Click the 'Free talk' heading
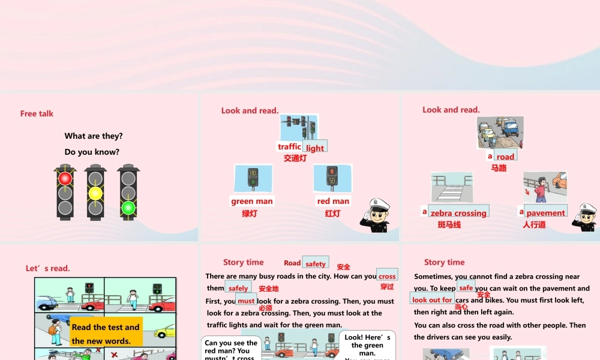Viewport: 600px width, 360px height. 37,113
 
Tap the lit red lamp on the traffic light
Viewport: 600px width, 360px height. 65,178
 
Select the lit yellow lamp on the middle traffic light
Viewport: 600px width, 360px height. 95,193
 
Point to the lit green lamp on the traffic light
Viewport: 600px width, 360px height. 128,208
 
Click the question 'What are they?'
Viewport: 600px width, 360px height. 94,136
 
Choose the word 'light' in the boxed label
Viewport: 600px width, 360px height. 315,148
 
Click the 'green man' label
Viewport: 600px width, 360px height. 252,201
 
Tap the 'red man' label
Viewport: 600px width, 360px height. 333,201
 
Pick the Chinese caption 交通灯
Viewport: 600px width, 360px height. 295,158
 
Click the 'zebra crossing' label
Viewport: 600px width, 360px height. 458,212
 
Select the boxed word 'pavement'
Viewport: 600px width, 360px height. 545,212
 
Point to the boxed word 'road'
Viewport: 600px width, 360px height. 505,157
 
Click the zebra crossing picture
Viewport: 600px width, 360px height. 451,188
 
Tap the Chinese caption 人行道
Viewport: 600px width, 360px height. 534,225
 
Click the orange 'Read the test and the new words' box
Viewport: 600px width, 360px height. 106,334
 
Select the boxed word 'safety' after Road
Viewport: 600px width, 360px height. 316,263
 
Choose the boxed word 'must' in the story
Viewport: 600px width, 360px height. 246,301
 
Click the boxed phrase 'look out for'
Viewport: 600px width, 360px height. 432,299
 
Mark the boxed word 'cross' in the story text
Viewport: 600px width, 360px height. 387,276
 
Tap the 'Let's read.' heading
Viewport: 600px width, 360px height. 47,268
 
